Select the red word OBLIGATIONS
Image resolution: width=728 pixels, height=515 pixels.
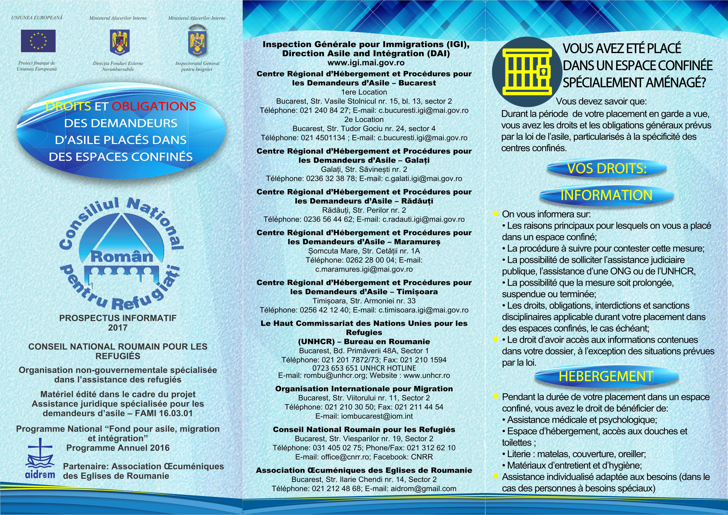tap(154, 106)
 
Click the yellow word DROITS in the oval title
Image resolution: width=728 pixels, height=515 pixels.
tap(68, 106)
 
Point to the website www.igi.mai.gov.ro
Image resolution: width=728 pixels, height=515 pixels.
tap(366, 63)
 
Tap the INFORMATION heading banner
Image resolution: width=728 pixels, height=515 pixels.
tap(606, 195)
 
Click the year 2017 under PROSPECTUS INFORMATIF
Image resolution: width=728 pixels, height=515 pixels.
tap(118, 328)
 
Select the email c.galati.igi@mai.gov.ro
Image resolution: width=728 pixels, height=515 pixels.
tap(423, 178)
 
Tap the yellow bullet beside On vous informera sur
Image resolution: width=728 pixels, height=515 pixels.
tap(495, 214)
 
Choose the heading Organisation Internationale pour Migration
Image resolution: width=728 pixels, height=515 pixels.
tap(364, 389)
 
